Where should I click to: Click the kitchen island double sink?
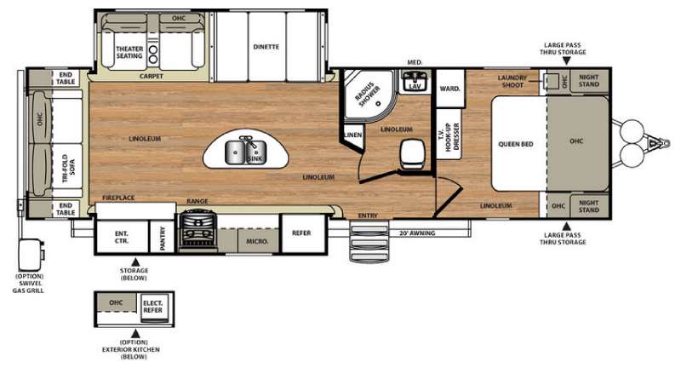pyautogui.click(x=245, y=152)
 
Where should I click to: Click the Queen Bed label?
pyautogui.click(x=516, y=144)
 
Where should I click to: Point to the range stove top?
pyautogui.click(x=198, y=230)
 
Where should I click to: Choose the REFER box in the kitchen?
pyautogui.click(x=303, y=233)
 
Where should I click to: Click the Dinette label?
pyautogui.click(x=266, y=47)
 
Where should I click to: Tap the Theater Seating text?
pyautogui.click(x=129, y=52)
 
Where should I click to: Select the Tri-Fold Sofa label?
pyautogui.click(x=69, y=168)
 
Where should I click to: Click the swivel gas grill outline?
pyautogui.click(x=31, y=255)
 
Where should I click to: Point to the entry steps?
pyautogui.click(x=369, y=240)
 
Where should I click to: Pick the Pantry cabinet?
pyautogui.click(x=162, y=237)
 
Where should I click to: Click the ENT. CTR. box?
pyautogui.click(x=122, y=237)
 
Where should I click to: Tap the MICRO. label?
pyautogui.click(x=257, y=241)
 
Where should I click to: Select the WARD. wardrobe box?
pyautogui.click(x=450, y=89)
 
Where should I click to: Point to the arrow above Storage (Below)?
pyautogui.click(x=135, y=262)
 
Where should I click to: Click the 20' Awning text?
pyautogui.click(x=417, y=233)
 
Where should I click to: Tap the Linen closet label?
pyautogui.click(x=353, y=135)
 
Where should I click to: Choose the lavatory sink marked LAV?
pyautogui.click(x=415, y=81)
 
